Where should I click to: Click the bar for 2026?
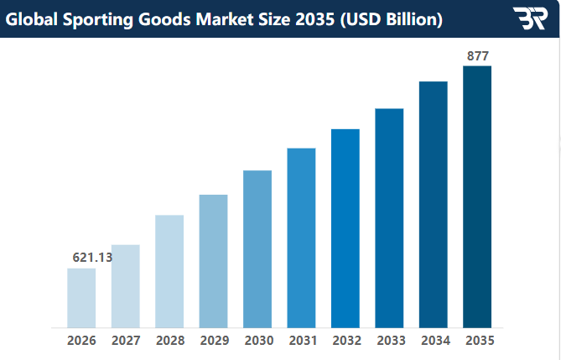81,298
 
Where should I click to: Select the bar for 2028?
169,271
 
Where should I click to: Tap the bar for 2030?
257,248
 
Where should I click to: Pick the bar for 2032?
345,227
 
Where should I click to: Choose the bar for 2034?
433,204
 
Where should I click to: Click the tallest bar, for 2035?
476,196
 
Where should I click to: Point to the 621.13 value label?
92,258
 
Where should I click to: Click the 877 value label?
477,56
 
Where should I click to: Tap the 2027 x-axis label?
126,341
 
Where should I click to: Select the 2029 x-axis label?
214,341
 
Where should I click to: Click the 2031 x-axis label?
301,341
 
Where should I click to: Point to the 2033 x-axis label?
389,341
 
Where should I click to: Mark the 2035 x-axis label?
477,341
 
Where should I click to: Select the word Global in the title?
32,18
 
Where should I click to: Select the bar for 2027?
126,286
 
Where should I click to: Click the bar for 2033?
389,217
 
